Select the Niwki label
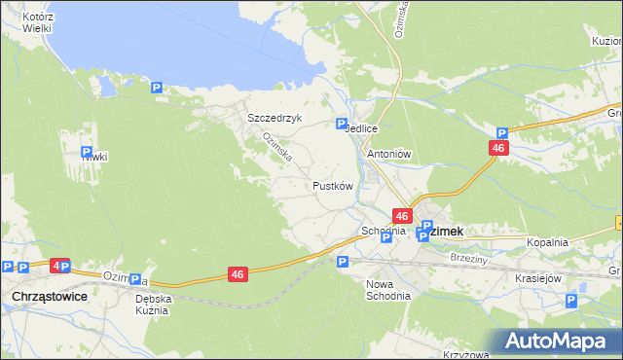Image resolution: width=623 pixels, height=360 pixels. (93, 157)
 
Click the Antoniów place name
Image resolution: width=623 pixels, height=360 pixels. (389, 154)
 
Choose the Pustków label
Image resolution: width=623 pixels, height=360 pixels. (331, 185)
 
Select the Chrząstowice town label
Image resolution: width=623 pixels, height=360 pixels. (48, 295)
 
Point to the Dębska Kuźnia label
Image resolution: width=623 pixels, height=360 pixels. (153, 304)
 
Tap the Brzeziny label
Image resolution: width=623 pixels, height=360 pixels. (469, 260)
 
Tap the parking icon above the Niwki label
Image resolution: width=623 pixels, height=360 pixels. (86, 152)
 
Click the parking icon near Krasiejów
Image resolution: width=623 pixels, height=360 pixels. (571, 301)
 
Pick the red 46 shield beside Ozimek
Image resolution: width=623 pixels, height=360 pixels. (402, 216)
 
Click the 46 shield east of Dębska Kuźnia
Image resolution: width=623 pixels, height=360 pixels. (238, 275)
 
